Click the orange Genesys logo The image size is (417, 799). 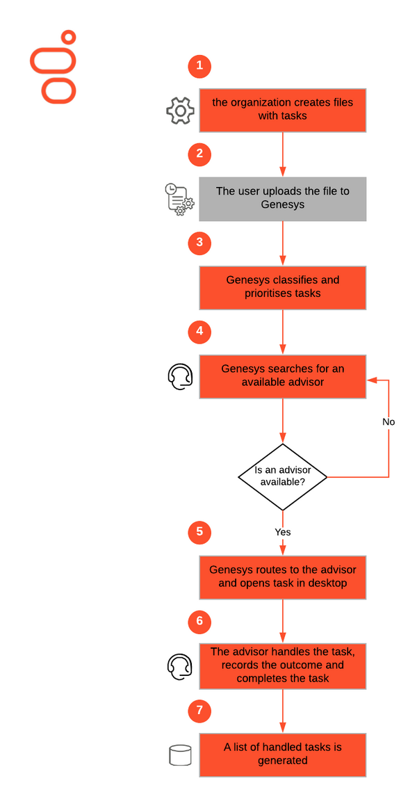coord(54,67)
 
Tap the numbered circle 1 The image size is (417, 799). coord(199,65)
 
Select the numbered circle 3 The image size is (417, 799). coord(199,243)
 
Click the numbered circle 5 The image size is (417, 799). coord(199,533)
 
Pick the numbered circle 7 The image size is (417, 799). coord(199,710)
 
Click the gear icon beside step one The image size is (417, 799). coord(180,110)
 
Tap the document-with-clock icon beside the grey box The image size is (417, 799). coord(179,199)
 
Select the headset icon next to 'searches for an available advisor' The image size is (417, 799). coord(180,376)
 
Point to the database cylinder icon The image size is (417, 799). coord(180,755)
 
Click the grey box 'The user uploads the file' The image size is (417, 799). coord(283,199)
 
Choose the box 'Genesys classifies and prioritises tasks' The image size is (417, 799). coord(283,287)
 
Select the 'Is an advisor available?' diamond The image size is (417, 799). coord(283,476)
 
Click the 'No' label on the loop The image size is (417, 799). coord(389,422)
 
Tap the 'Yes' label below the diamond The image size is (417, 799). coord(283,532)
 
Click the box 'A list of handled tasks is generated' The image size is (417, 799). coord(283,754)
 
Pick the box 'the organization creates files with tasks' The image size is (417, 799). coord(283,110)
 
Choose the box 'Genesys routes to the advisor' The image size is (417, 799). coord(283,576)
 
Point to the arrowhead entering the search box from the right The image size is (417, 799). coord(371,380)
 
